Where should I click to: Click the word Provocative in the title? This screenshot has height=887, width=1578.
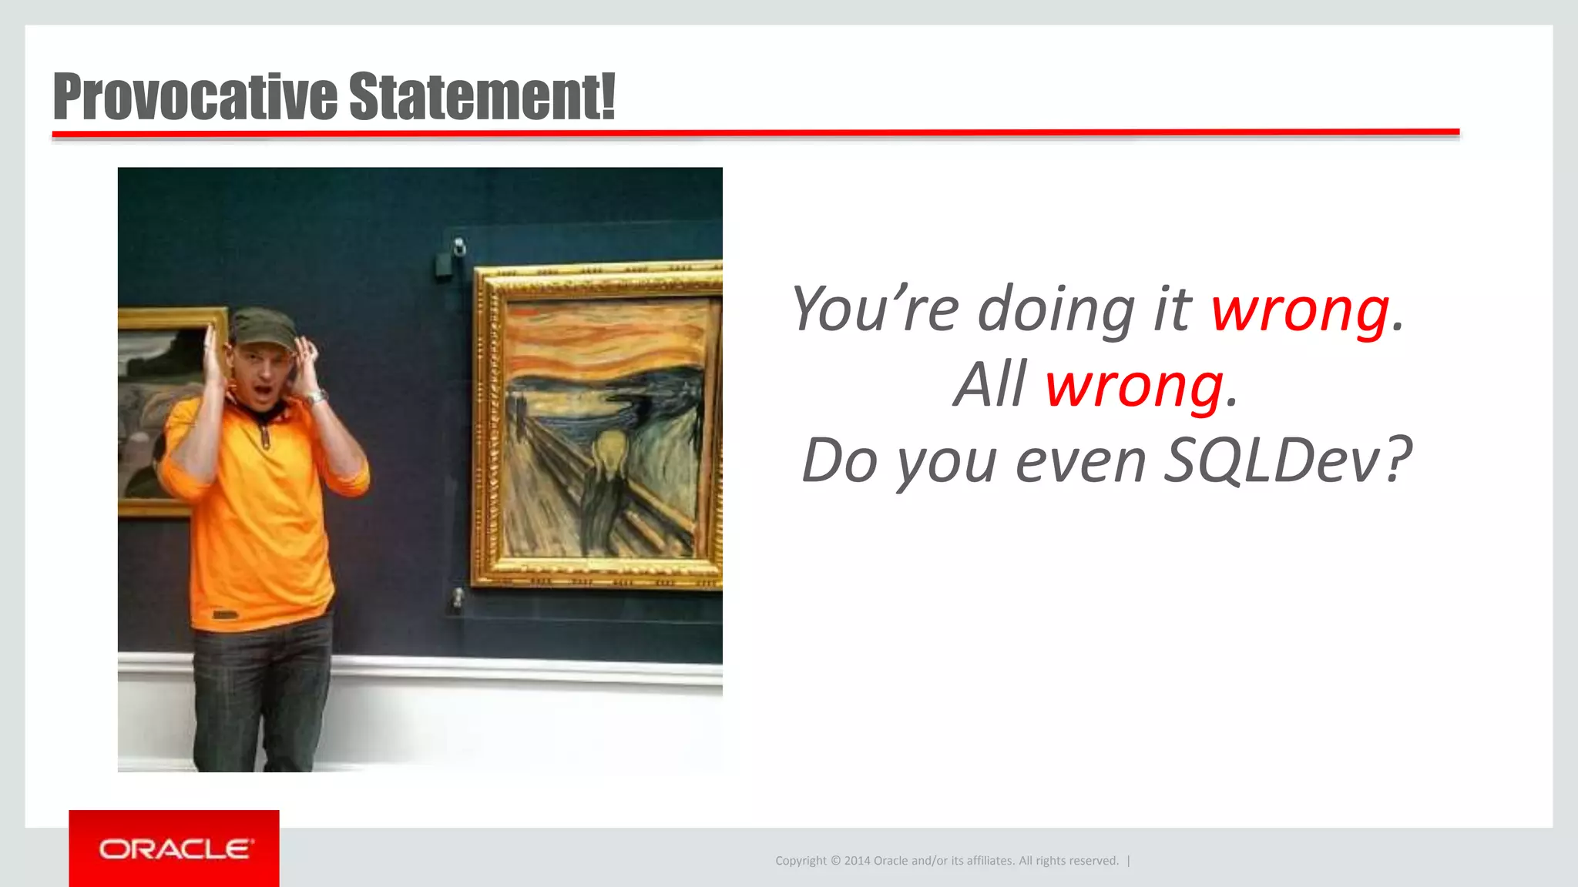pyautogui.click(x=195, y=97)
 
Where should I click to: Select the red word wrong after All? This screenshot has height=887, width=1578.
pyautogui.click(x=1133, y=386)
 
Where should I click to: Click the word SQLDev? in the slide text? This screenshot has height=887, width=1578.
pyautogui.click(x=1287, y=460)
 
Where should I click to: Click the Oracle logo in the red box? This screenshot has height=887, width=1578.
pyautogui.click(x=174, y=849)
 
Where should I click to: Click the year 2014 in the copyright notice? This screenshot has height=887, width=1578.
pyautogui.click(x=857, y=861)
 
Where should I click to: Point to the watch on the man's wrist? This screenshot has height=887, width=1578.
pyautogui.click(x=316, y=397)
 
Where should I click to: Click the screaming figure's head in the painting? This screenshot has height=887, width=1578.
pyautogui.click(x=609, y=450)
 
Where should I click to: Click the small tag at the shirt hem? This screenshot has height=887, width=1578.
pyautogui.click(x=225, y=614)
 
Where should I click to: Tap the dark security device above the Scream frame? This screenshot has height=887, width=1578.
pyautogui.click(x=445, y=264)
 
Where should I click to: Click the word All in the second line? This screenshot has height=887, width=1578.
pyautogui.click(x=990, y=386)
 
